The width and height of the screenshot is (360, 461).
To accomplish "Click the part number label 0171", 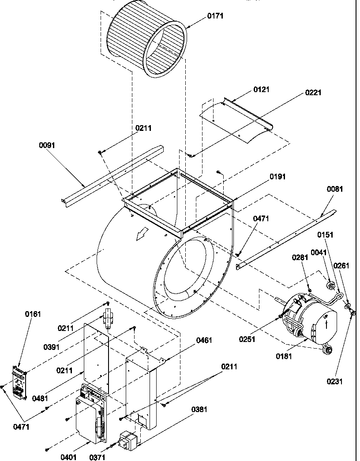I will click(215, 16).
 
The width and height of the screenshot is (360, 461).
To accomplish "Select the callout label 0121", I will click(261, 89).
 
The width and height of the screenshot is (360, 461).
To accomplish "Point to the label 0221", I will click(313, 93).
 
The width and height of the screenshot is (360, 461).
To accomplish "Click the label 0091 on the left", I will click(47, 145).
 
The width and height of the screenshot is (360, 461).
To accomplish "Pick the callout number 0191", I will click(278, 177).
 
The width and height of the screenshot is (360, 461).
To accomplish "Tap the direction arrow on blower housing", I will click(142, 235).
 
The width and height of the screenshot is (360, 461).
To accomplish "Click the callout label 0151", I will click(326, 235).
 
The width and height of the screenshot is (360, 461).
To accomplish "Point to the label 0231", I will click(335, 382).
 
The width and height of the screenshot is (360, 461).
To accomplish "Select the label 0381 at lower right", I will click(199, 409).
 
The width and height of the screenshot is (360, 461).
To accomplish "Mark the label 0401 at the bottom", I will click(69, 457).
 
